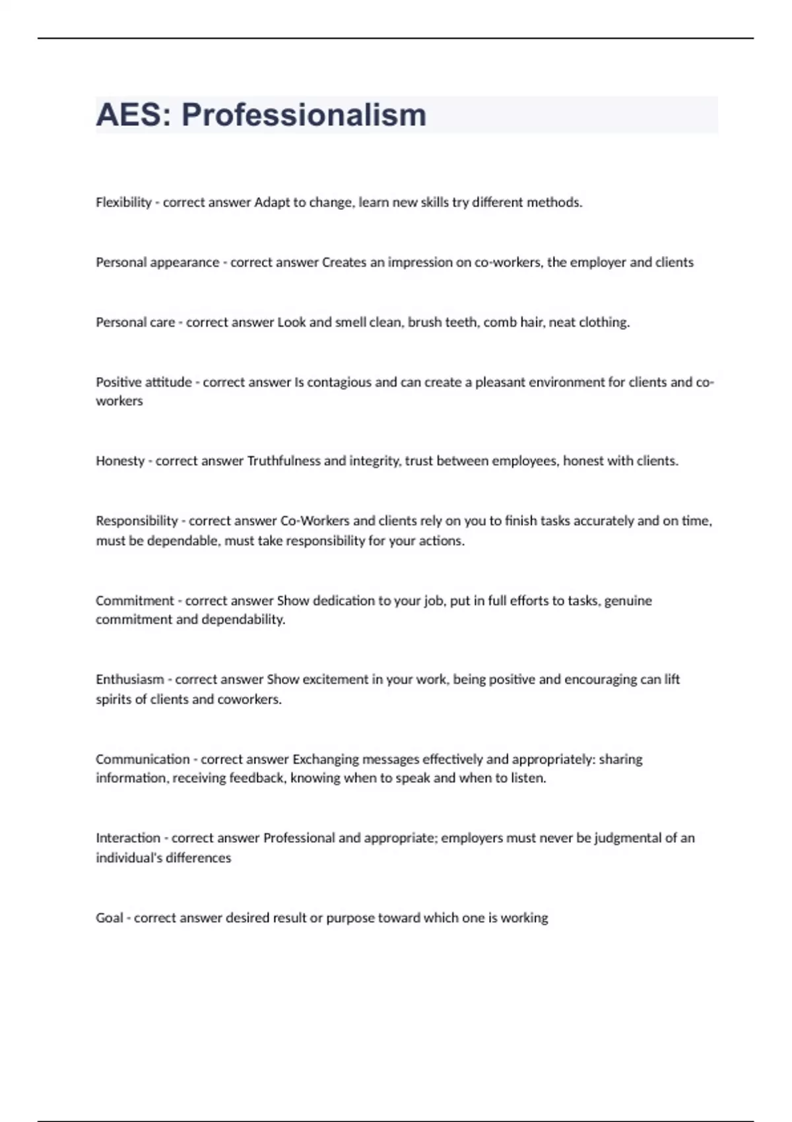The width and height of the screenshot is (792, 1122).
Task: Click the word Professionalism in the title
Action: point(304,115)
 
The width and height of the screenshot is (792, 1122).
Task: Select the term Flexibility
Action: point(123,203)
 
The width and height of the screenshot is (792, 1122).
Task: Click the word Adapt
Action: point(272,203)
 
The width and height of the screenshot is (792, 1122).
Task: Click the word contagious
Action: point(339,382)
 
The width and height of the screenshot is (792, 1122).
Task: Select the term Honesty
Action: point(120,461)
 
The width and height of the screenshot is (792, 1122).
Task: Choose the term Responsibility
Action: point(137,521)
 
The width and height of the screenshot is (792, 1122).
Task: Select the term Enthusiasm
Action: point(129,679)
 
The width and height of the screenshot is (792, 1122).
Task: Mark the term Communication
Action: point(143,759)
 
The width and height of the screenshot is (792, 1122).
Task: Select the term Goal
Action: point(110,918)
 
